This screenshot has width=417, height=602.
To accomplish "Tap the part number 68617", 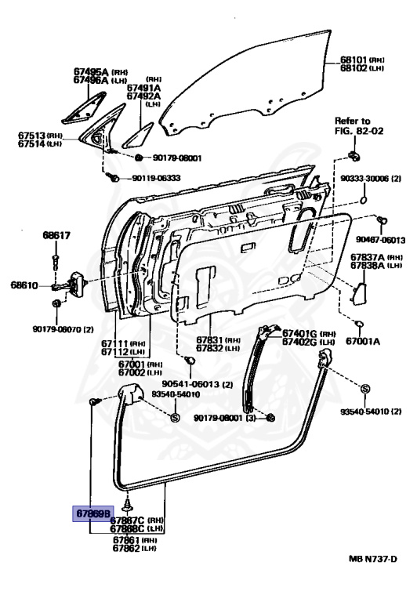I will [x=56, y=235].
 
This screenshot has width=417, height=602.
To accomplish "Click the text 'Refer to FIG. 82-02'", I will [x=352, y=126].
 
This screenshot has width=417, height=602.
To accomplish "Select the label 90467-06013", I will [x=381, y=240].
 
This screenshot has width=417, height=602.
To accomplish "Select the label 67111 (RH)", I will [x=127, y=343].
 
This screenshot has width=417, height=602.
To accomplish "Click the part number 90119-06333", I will [x=156, y=178].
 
